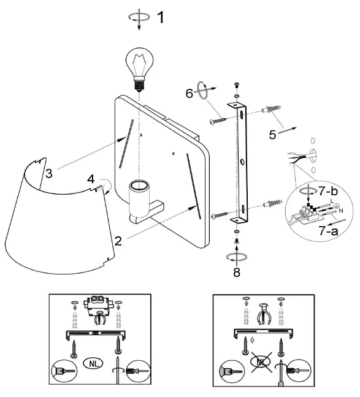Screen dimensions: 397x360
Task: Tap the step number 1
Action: (x=161, y=17)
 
